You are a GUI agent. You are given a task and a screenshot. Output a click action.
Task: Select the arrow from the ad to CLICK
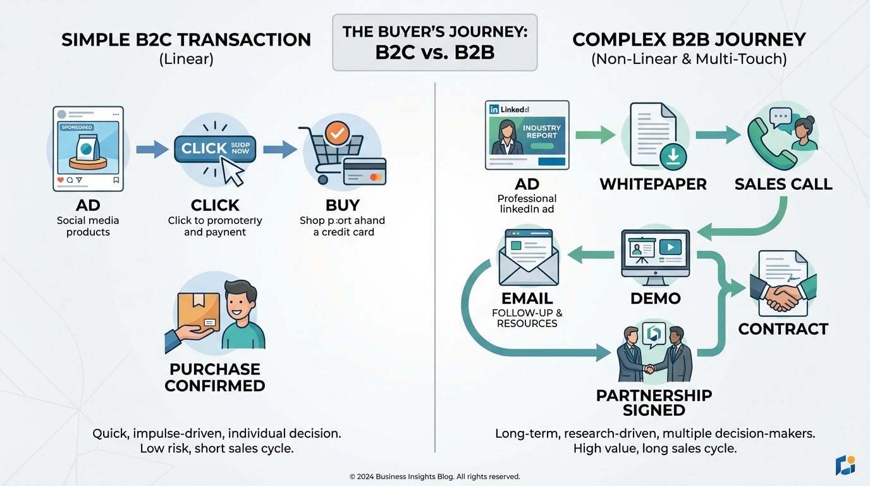pos(152,149)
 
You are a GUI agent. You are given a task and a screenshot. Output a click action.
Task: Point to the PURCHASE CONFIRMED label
pos(214,377)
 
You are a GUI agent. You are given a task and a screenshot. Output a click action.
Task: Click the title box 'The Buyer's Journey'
pos(434,42)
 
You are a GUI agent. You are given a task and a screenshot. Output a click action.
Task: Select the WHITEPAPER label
pos(653,184)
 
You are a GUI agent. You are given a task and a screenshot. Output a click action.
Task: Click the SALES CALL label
pos(783,184)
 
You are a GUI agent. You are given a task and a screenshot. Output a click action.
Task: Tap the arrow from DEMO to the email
pos(591,255)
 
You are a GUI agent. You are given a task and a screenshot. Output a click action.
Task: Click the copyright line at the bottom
pos(434,477)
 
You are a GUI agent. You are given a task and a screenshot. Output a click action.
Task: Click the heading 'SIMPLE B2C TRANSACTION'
pos(186,40)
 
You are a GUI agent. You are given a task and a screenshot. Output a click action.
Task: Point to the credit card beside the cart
pos(364,172)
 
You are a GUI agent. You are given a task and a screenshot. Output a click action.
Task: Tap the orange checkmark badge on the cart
pos(336,132)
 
